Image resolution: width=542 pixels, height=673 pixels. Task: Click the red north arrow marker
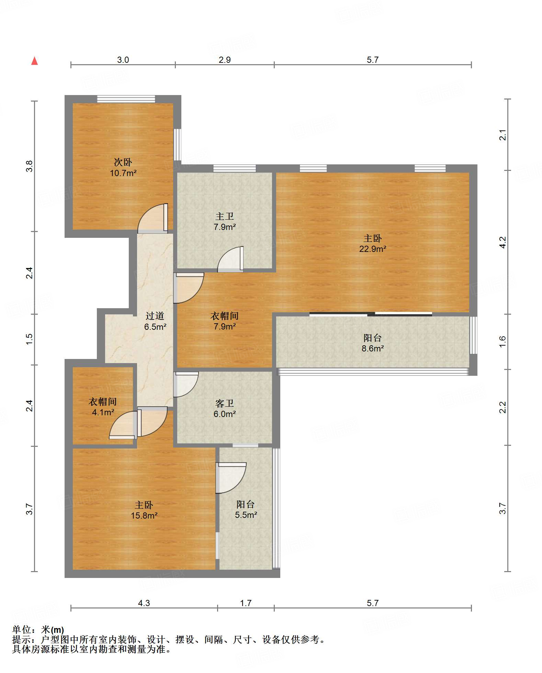[34, 61]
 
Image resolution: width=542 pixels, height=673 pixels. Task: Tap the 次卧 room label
[123, 162]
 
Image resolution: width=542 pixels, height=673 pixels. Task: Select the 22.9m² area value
[373, 249]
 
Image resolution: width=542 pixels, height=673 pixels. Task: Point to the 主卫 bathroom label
[225, 216]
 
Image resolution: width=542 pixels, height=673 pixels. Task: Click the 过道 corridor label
[155, 316]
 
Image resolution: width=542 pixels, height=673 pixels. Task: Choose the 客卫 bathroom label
[225, 403]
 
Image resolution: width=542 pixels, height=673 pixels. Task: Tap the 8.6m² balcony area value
[373, 348]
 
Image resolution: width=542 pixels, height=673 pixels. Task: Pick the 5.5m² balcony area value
[246, 515]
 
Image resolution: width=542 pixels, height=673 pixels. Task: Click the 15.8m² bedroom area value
[144, 515]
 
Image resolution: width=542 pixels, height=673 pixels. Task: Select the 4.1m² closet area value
[103, 412]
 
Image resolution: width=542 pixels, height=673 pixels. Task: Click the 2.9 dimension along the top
[225, 60]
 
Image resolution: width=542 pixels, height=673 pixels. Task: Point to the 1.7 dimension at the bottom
[246, 603]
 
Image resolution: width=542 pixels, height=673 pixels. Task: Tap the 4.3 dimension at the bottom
[144, 603]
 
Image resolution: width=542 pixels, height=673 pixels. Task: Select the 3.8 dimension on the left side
[30, 166]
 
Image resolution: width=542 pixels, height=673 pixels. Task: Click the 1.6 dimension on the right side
[503, 341]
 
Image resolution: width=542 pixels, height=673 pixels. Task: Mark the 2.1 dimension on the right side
[503, 135]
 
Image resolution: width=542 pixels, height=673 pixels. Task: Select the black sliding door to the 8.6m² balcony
[371, 314]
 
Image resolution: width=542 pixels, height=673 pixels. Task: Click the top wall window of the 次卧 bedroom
[126, 99]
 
